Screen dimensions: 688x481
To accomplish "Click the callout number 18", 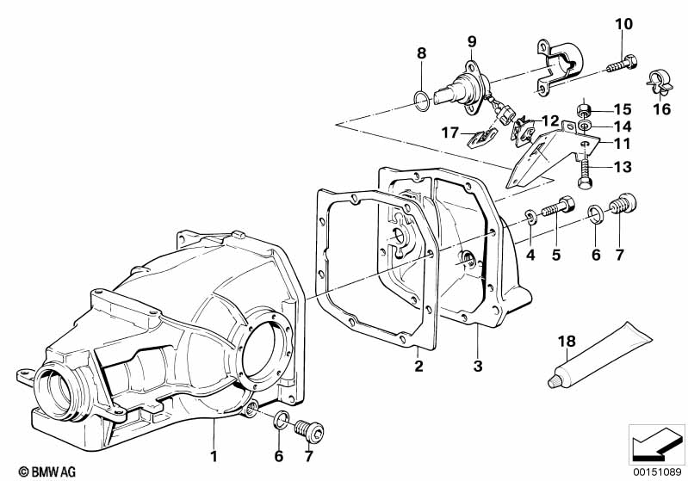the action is pyautogui.click(x=567, y=341).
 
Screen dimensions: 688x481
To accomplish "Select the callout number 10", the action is pyautogui.click(x=623, y=24).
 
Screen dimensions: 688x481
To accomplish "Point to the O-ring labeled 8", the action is pyautogui.click(x=421, y=101).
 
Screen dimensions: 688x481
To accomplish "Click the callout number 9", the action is pyautogui.click(x=472, y=41).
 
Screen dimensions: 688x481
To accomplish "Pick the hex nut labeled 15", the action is pyautogui.click(x=584, y=109).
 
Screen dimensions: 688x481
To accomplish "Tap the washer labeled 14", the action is pyautogui.click(x=584, y=126).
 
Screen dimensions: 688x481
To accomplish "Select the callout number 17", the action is pyautogui.click(x=449, y=133).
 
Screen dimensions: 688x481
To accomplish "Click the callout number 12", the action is pyautogui.click(x=550, y=120).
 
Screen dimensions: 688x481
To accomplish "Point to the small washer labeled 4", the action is pyautogui.click(x=530, y=217).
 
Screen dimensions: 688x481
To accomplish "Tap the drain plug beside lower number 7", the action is pyautogui.click(x=310, y=430).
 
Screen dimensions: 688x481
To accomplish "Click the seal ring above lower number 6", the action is pyautogui.click(x=281, y=421).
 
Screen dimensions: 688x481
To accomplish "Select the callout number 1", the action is pyautogui.click(x=214, y=456).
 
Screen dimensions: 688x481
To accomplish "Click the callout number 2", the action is pyautogui.click(x=418, y=366).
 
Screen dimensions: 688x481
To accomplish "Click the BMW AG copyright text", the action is pyautogui.click(x=47, y=472).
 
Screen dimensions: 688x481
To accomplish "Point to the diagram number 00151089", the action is pyautogui.click(x=657, y=472).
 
